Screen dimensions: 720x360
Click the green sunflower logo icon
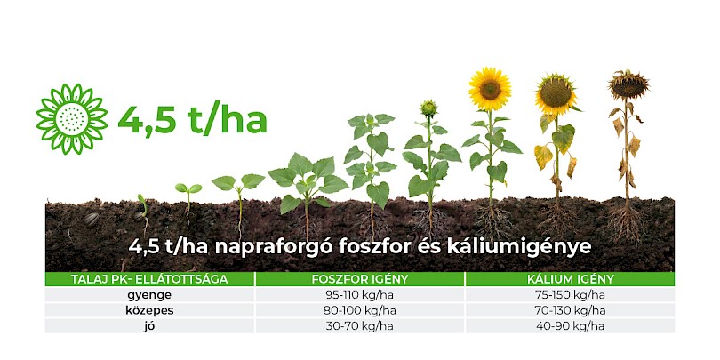pyautogui.click(x=72, y=119)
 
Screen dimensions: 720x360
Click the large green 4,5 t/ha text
pyautogui.click(x=192, y=120)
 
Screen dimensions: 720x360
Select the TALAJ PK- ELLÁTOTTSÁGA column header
pyautogui.click(x=149, y=279)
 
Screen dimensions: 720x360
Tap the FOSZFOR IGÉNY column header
pyautogui.click(x=360, y=279)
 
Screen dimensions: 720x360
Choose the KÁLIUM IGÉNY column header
pyautogui.click(x=570, y=279)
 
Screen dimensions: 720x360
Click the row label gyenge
pyautogui.click(x=149, y=294)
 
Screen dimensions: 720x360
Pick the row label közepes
pyautogui.click(x=149, y=310)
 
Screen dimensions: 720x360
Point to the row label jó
pyautogui.click(x=149, y=326)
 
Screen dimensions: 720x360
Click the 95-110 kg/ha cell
pyautogui.click(x=360, y=295)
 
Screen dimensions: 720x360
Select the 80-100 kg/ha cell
pyautogui.click(x=360, y=310)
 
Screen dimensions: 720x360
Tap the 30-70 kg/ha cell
pyautogui.click(x=360, y=326)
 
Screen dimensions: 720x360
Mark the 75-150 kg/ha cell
pyautogui.click(x=571, y=295)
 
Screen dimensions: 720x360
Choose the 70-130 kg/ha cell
pyautogui.click(x=571, y=310)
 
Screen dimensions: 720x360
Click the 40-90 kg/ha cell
pyautogui.click(x=571, y=326)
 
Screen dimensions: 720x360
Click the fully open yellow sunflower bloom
pyautogui.click(x=490, y=89)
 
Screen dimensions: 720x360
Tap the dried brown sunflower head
pyautogui.click(x=628, y=85)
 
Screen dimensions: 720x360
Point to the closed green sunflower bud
pyautogui.click(x=428, y=108)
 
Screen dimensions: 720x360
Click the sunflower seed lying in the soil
pyautogui.click(x=91, y=220)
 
